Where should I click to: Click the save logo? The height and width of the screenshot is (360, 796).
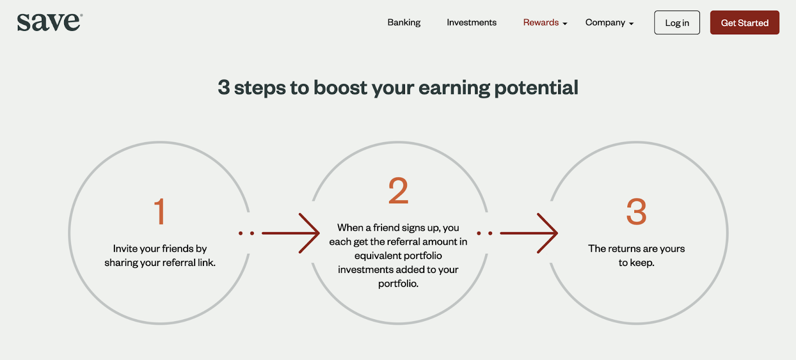tap(50, 22)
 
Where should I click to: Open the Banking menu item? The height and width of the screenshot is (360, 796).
tap(404, 22)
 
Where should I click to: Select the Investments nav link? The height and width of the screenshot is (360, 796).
tap(472, 22)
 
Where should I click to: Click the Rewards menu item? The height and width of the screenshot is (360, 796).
tap(541, 22)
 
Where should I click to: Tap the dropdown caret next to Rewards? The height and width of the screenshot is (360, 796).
tap(565, 24)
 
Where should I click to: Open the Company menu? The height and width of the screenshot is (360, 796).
tap(605, 22)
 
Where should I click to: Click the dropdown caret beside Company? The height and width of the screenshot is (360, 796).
tap(631, 24)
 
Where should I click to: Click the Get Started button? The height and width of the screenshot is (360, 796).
tap(744, 22)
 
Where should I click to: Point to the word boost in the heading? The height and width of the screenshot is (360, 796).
tap(340, 88)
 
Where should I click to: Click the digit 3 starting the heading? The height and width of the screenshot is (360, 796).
tap(223, 88)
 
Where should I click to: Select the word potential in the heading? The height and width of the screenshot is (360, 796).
tap(536, 88)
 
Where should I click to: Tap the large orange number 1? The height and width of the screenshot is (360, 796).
tap(160, 211)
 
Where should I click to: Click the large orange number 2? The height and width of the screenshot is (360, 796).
tap(398, 190)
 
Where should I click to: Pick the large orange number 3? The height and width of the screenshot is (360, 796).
tap(636, 212)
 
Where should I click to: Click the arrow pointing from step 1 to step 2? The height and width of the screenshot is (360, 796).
tap(291, 233)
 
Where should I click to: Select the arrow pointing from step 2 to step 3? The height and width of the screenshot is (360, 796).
tap(529, 233)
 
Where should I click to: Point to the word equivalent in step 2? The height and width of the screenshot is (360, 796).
tap(377, 256)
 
